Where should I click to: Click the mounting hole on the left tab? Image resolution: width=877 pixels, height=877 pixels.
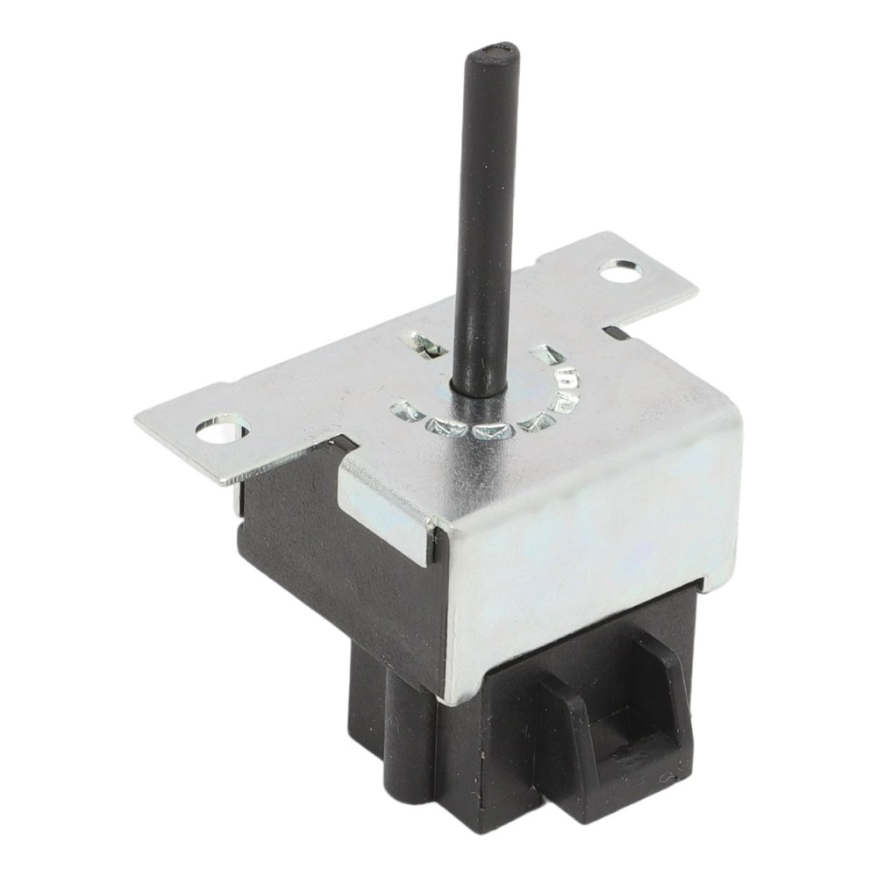tap(222, 429)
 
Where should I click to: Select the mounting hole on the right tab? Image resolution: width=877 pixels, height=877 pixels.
tap(620, 272)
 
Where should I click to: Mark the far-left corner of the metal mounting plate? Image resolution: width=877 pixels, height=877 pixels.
tap(138, 418)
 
